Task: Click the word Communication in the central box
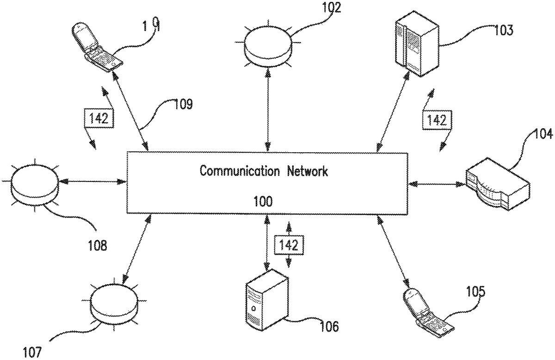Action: tap(239, 171)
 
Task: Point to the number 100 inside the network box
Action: tap(263, 201)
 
